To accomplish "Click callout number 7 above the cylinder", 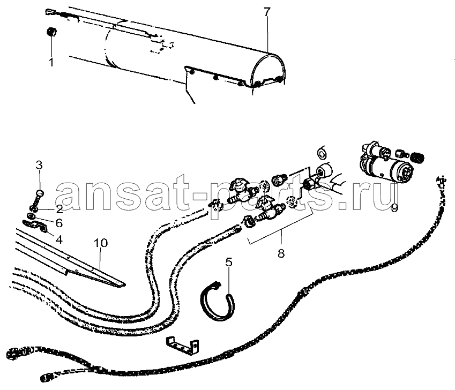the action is pyautogui.click(x=267, y=12).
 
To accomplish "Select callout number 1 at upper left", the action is pyautogui.click(x=51, y=62).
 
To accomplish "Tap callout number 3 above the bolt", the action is pyautogui.click(x=39, y=166).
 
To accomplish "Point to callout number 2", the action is pyautogui.click(x=59, y=209).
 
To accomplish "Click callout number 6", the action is pyautogui.click(x=59, y=223).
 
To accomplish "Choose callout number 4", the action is pyautogui.click(x=59, y=239).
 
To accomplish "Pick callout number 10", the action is pyautogui.click(x=101, y=243).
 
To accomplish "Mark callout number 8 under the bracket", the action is pyautogui.click(x=281, y=253).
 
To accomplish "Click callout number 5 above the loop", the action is pyautogui.click(x=229, y=262).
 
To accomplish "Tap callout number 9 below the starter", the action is pyautogui.click(x=394, y=208).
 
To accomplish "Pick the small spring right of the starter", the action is pyautogui.click(x=418, y=157).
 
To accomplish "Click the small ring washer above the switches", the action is pyautogui.click(x=322, y=153).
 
